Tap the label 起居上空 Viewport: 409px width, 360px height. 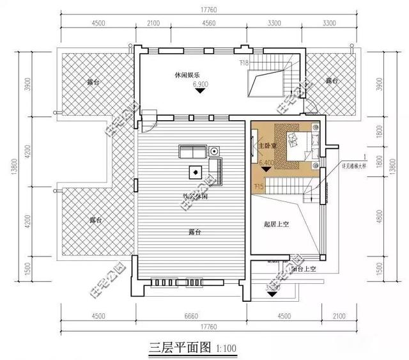(x=277, y=225)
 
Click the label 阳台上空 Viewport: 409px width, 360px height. (x=301, y=269)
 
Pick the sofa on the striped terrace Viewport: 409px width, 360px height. (x=192, y=152)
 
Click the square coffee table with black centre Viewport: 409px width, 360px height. (x=194, y=171)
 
